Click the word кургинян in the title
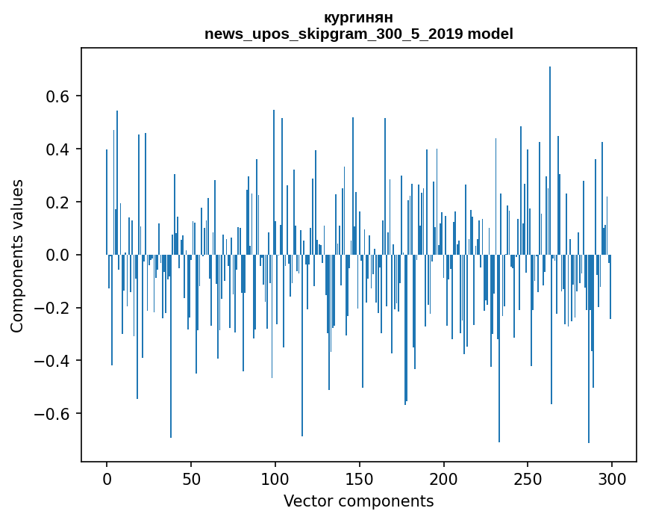tap(358, 17)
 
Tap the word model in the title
tap(490, 34)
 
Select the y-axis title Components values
tap(17, 256)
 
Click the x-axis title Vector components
tap(358, 501)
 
